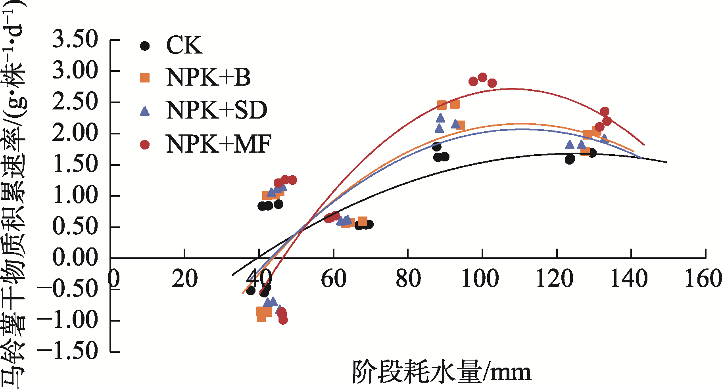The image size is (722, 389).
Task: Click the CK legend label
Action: coord(184,45)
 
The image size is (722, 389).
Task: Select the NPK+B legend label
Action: coord(208,77)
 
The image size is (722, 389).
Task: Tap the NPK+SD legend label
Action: coord(217,110)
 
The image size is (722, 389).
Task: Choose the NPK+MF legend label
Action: coord(219,144)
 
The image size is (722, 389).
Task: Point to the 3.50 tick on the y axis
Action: coord(75,40)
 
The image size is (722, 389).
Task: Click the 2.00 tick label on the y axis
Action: coord(75,133)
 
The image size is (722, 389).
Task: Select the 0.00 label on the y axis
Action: coord(75,258)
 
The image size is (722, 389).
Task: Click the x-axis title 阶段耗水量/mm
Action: coord(442,372)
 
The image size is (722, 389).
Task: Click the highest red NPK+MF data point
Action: coord(482,77)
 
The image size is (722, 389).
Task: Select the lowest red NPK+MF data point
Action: coord(283,320)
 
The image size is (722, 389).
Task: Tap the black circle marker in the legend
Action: coord(145,46)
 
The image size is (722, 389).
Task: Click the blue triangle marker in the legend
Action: coord(145,111)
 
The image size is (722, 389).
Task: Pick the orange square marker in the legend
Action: coord(145,78)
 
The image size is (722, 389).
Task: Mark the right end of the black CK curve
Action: coord(666,162)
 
